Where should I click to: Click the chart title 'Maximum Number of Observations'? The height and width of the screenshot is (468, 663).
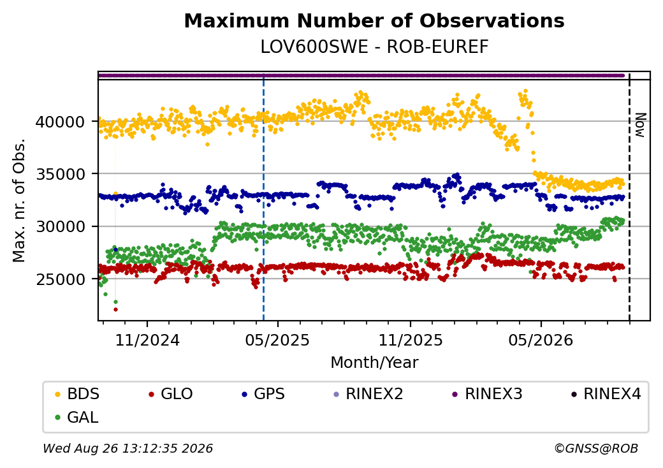point(374,20)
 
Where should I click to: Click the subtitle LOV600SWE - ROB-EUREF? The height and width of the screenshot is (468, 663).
point(374,47)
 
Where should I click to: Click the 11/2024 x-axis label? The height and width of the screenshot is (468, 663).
point(147,340)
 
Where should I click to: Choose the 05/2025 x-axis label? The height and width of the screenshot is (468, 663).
point(278,340)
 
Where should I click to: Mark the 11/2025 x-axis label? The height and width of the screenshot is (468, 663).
point(410,340)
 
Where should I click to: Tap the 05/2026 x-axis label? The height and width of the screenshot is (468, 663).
point(541,340)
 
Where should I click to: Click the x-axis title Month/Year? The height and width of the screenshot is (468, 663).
point(374,363)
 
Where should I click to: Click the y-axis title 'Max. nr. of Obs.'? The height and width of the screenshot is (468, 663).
point(19,200)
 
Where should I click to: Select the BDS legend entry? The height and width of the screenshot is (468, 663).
point(78,394)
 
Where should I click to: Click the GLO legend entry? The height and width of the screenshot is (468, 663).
point(171,394)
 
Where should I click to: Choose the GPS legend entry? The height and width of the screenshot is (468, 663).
point(263,394)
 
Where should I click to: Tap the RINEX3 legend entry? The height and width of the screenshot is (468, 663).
point(487,394)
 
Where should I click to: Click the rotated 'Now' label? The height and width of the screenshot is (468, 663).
point(641,125)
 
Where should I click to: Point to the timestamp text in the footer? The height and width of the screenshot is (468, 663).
point(127,448)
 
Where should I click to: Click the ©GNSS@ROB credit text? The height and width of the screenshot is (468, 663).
point(596,448)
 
